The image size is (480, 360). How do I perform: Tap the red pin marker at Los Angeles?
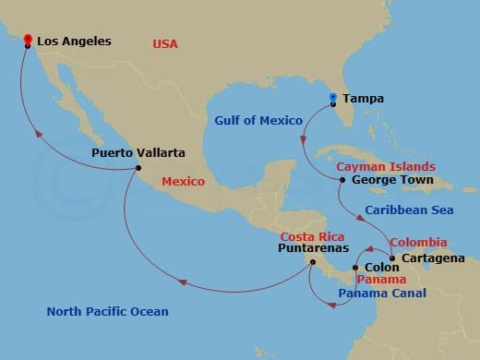(28, 40)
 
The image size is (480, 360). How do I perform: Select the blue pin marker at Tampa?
(334, 97)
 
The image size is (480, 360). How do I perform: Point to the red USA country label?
(164, 43)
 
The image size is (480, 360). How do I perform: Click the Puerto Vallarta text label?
(138, 152)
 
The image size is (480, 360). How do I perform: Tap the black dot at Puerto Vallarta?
(138, 167)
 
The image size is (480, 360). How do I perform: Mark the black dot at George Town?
(342, 180)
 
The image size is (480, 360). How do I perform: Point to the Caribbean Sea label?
(409, 210)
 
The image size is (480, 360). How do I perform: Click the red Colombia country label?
(418, 243)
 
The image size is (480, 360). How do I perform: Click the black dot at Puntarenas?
(313, 262)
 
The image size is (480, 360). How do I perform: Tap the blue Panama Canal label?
(381, 294)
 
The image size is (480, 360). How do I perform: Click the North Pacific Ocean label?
(108, 312)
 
